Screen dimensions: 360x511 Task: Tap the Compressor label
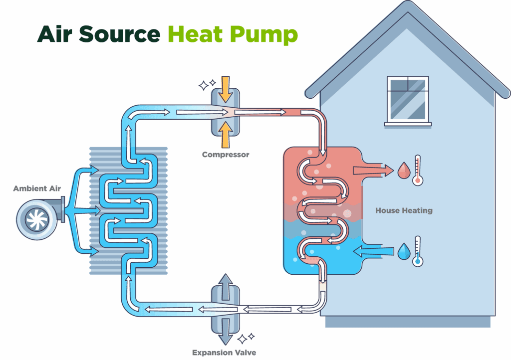click(226, 155)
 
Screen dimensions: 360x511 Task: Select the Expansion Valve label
click(225, 353)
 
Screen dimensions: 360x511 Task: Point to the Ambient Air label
click(37, 188)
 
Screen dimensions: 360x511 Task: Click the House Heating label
click(404, 210)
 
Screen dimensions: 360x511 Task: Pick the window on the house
click(408, 99)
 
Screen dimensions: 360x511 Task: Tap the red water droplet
click(403, 171)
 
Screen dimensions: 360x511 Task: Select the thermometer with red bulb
click(418, 171)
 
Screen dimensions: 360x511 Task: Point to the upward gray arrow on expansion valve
click(226, 285)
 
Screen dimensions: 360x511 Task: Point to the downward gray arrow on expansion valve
click(226, 331)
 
